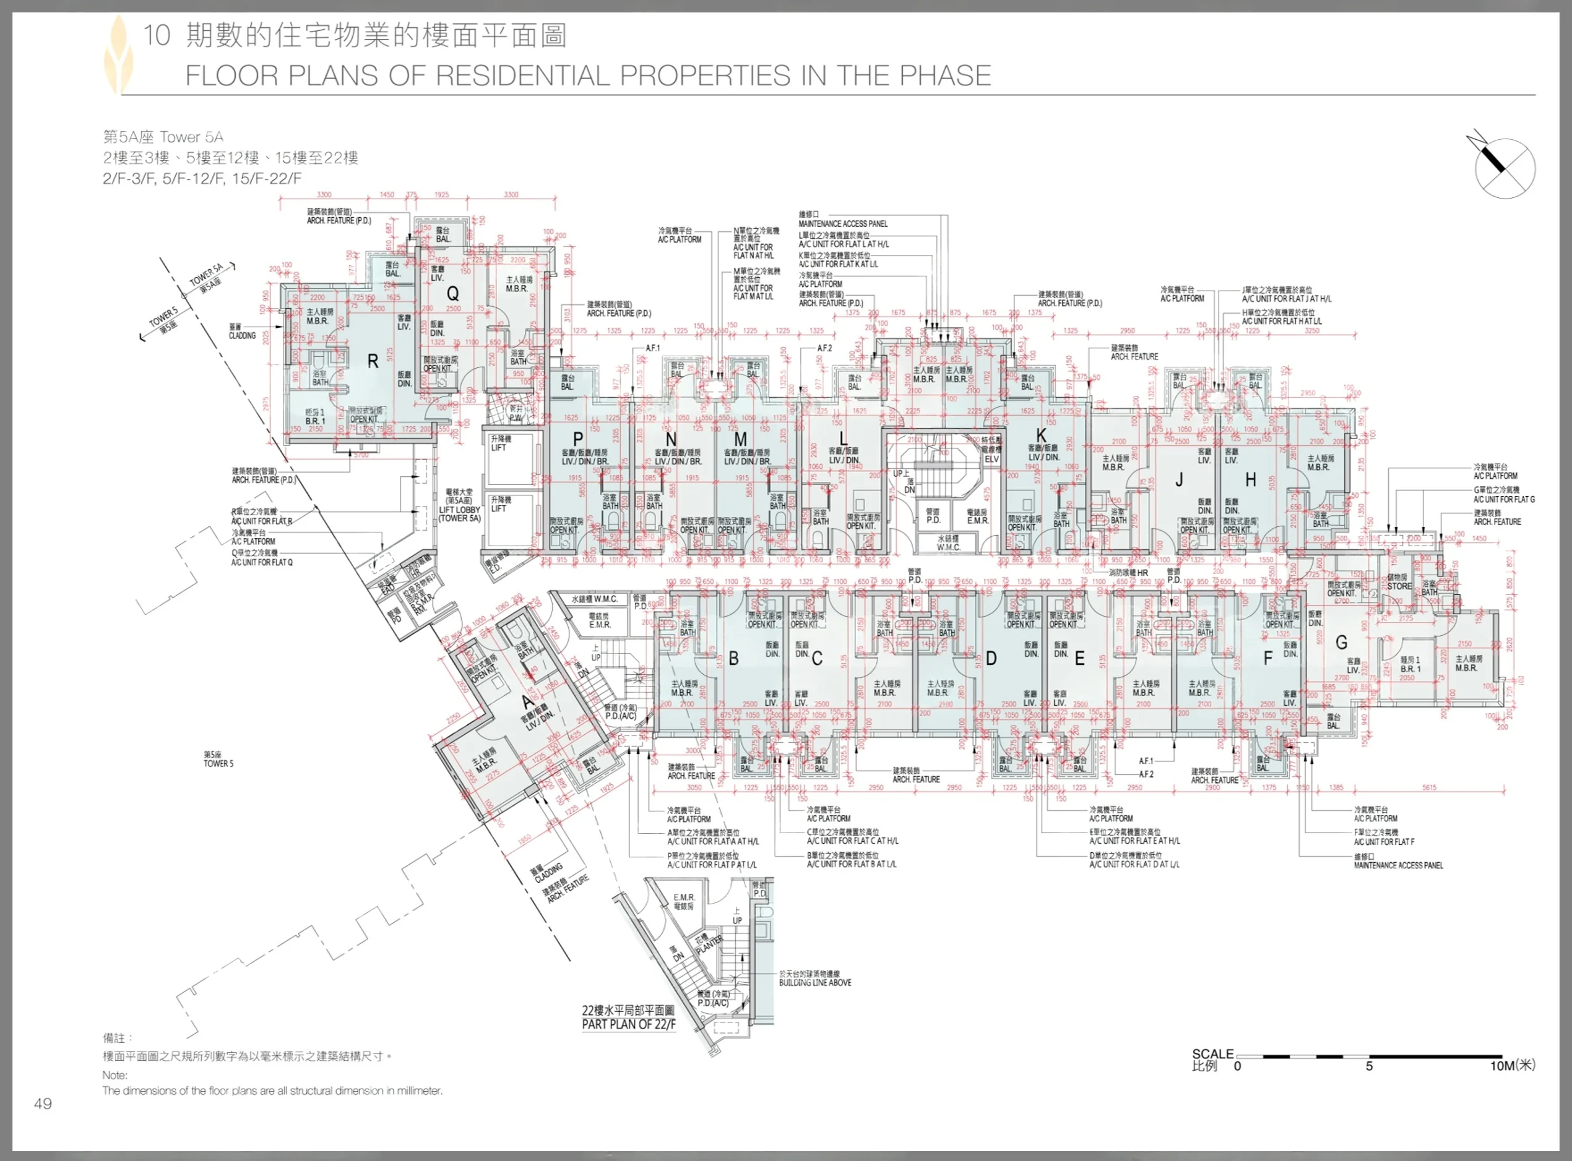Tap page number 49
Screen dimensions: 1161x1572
[x=43, y=1103]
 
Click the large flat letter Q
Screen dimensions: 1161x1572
[x=453, y=293]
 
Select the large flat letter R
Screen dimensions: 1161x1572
[x=373, y=361]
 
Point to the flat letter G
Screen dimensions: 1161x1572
[x=1341, y=642]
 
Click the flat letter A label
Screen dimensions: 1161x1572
[x=528, y=701]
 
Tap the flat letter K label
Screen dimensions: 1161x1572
[x=1041, y=435]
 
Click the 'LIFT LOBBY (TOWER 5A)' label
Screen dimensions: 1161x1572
[x=460, y=510]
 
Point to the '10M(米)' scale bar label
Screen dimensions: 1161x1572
[x=1512, y=1065]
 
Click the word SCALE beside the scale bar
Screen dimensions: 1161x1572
[x=1213, y=1053]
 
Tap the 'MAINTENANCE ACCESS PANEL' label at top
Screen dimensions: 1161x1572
[x=843, y=223]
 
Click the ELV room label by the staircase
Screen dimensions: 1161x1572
[x=991, y=459]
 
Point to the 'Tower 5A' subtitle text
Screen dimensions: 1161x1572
[x=191, y=137]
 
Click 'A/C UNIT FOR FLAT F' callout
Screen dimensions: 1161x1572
[x=1384, y=841]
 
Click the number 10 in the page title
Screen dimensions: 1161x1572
[x=157, y=35]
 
